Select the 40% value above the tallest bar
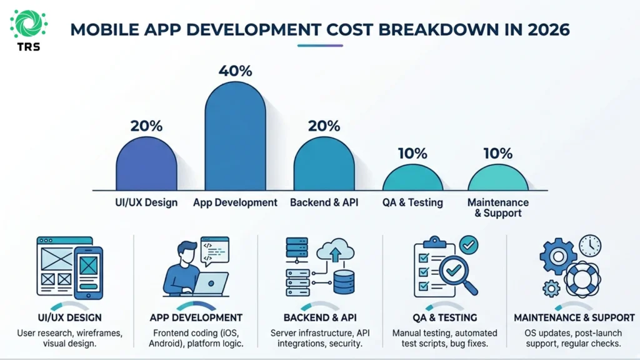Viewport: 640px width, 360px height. (235, 71)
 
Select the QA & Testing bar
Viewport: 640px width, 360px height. (412, 178)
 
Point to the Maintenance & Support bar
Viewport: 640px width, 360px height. (497, 178)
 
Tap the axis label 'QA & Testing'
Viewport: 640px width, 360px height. (412, 202)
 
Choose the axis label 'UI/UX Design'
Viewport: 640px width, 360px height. (146, 202)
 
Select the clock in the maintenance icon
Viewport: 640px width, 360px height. (589, 246)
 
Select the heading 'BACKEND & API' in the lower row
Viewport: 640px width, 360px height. (320, 317)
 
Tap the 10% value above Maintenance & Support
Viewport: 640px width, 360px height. (497, 153)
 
